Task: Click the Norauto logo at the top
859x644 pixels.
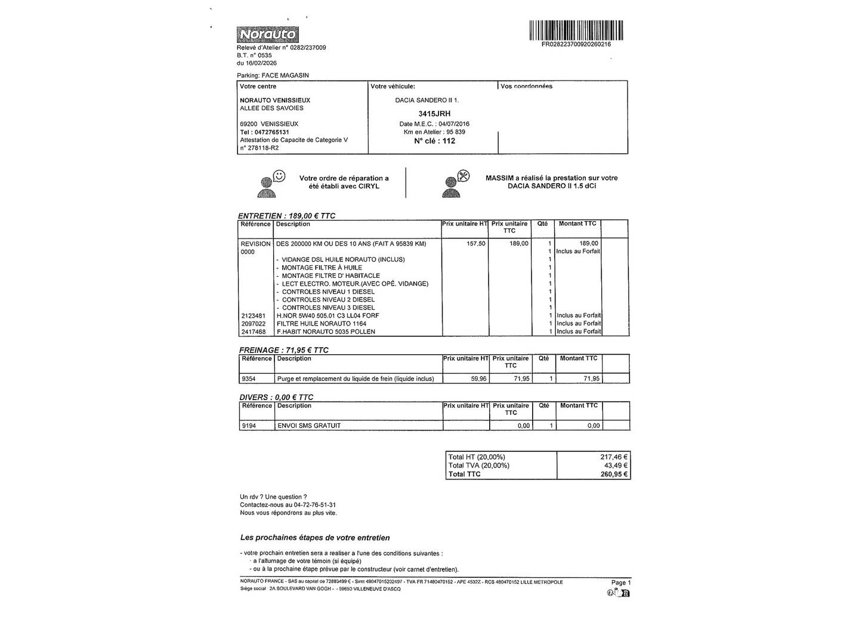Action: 267,35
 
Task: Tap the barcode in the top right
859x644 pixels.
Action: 576,30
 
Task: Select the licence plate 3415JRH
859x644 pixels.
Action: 434,113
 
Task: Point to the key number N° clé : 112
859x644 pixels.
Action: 434,141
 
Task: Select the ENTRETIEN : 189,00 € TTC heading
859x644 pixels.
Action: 286,216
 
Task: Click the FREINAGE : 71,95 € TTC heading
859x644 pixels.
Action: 284,350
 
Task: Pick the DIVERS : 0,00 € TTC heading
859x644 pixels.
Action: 276,397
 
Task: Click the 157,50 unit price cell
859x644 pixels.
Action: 476,243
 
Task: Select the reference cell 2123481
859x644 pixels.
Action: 254,315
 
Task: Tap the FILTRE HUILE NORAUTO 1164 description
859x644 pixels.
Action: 322,323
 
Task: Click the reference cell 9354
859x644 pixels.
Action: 249,379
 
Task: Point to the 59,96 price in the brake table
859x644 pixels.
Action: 478,379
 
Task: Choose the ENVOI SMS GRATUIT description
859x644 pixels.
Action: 309,426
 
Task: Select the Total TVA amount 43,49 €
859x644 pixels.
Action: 616,466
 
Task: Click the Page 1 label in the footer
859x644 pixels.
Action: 620,583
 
